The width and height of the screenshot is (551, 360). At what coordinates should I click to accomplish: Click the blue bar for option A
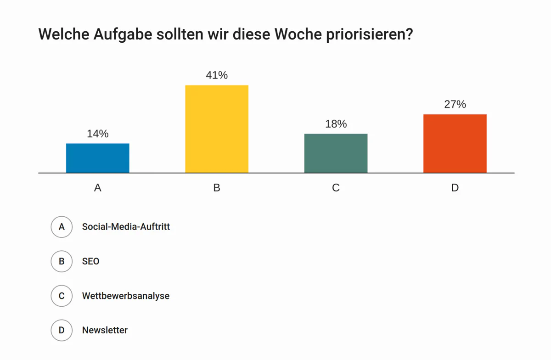pyautogui.click(x=97, y=158)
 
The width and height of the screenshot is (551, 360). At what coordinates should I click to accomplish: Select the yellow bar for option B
pyautogui.click(x=217, y=129)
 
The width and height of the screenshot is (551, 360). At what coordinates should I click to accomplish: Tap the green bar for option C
pyautogui.click(x=336, y=153)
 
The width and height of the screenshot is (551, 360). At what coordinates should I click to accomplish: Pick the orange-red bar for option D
pyautogui.click(x=455, y=143)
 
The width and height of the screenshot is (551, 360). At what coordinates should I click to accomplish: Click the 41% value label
pyautogui.click(x=217, y=75)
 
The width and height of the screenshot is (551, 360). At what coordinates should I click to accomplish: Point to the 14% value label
pyautogui.click(x=98, y=134)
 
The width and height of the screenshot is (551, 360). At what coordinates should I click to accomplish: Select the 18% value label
pyautogui.click(x=336, y=124)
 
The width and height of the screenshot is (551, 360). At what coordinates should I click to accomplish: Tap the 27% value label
pyautogui.click(x=455, y=104)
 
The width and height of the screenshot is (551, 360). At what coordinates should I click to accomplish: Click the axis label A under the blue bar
pyautogui.click(x=97, y=188)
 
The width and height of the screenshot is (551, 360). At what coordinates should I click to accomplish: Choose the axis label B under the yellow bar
pyautogui.click(x=217, y=188)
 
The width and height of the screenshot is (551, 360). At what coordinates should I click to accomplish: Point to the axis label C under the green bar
pyautogui.click(x=336, y=188)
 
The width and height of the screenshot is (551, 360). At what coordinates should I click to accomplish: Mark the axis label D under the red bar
pyautogui.click(x=455, y=188)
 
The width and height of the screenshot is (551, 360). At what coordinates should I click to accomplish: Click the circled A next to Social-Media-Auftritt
pyautogui.click(x=62, y=227)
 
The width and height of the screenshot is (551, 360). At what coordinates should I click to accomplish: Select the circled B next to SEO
pyautogui.click(x=62, y=261)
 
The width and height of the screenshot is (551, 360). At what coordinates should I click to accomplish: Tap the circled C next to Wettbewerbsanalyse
pyautogui.click(x=62, y=296)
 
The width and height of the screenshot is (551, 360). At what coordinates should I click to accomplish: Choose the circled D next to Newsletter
pyautogui.click(x=62, y=330)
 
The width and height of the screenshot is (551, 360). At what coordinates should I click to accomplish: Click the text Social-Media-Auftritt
pyautogui.click(x=126, y=227)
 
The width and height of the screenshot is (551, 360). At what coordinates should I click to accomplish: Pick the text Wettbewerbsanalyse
pyautogui.click(x=126, y=296)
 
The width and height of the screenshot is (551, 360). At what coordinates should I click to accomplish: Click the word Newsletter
pyautogui.click(x=105, y=330)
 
